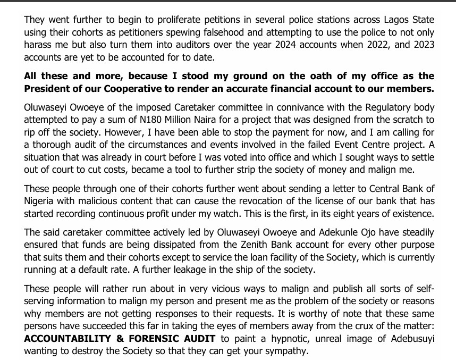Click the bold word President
pyautogui.click(x=50, y=88)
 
